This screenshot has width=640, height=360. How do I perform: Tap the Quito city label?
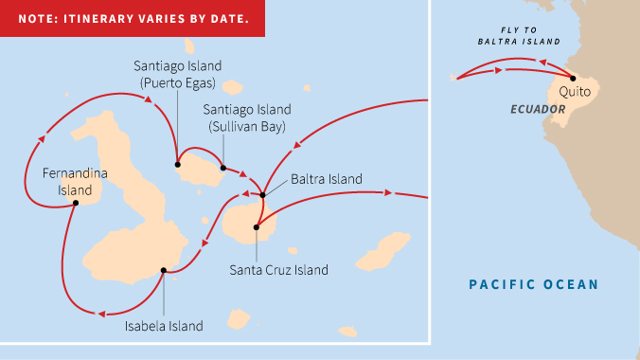coord(576,92)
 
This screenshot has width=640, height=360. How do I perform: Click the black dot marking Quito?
coord(573,79)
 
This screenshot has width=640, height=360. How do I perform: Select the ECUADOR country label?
coord(538,110)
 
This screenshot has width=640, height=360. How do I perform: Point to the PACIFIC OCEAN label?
coord(534,284)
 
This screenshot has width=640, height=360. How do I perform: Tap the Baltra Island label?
coord(326,178)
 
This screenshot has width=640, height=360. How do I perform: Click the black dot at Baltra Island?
coord(263,195)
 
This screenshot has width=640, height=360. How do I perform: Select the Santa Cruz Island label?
coord(278,270)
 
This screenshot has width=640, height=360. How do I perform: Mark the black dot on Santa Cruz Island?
coord(257,227)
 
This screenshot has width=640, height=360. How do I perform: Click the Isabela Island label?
coord(164,326)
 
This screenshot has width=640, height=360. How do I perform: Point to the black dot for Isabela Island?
coord(164,271)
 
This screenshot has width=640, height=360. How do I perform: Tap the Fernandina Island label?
coord(75,182)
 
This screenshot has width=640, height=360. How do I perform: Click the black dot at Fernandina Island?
coord(76,202)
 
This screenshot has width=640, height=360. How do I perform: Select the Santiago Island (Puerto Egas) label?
coord(177,74)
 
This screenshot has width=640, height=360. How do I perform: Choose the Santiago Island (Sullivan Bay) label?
coord(247,117)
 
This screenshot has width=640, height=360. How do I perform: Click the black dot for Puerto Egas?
coord(177,164)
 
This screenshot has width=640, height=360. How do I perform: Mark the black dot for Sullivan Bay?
coord(223,169)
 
